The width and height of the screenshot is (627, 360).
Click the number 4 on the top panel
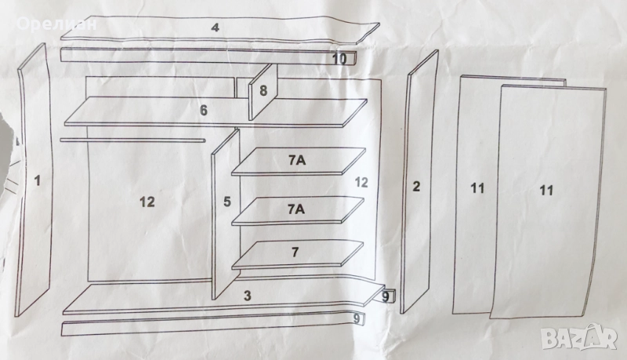(x=216, y=27)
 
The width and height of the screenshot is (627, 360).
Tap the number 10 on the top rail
(x=339, y=59)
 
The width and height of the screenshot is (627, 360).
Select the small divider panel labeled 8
(x=263, y=92)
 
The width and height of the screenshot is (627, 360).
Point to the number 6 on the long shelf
(x=204, y=111)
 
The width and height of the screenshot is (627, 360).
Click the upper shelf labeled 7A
(x=299, y=162)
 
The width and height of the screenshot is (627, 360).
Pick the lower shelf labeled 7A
(x=299, y=210)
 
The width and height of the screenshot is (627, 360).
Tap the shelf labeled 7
(x=298, y=254)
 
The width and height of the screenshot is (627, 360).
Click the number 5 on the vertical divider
(x=227, y=202)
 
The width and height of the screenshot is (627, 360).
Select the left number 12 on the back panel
(x=147, y=202)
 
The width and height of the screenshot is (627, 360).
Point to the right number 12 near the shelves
(x=361, y=183)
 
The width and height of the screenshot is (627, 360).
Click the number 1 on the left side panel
(x=38, y=181)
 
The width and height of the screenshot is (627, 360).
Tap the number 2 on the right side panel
(x=416, y=186)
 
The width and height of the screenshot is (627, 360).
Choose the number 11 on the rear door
(x=477, y=188)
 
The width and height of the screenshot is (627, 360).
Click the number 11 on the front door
(x=546, y=190)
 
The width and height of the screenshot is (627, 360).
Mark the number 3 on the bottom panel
(x=248, y=296)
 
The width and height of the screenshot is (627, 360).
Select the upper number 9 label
(x=386, y=297)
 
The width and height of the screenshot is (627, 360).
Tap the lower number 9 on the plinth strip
(x=357, y=318)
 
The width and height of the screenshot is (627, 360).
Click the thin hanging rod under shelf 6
(x=132, y=140)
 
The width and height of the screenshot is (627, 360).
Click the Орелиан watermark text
(x=56, y=24)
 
